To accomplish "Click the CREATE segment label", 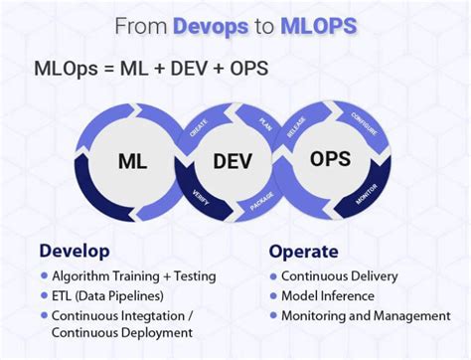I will (198, 128).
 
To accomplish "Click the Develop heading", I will (75, 251).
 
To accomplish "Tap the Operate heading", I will (304, 251).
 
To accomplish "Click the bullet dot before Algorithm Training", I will (44, 275).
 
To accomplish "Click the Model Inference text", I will (327, 295).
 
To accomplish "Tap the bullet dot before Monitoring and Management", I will (273, 315).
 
